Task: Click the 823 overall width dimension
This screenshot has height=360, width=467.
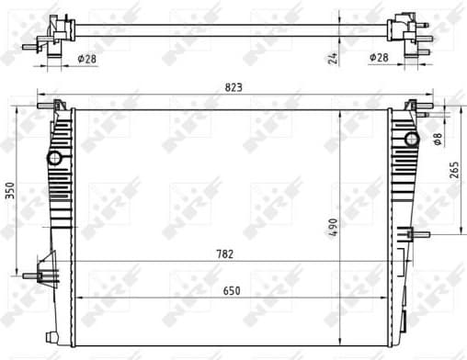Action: pos(233,87)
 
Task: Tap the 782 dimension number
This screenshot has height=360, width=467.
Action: pos(224,254)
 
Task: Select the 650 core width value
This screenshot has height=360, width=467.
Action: pos(232,290)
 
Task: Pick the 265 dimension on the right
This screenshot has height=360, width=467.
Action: pos(454,171)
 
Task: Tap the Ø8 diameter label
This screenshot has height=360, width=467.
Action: pos(438,138)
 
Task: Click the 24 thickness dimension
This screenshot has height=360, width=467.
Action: pos(334,57)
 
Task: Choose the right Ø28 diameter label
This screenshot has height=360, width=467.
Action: pos(379,58)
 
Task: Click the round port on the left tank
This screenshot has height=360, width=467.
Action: pos(54,158)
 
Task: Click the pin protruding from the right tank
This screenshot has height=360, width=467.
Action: pos(422,235)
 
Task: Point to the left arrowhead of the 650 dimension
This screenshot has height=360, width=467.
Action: pos(76,298)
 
